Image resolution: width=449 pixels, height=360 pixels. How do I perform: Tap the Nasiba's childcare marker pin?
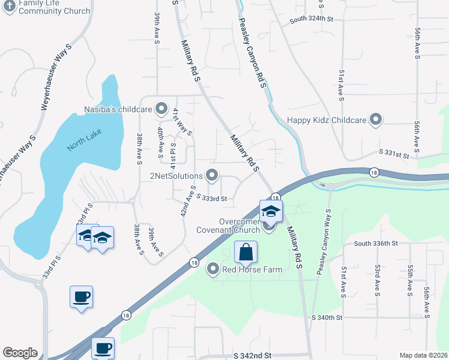coord(161,109)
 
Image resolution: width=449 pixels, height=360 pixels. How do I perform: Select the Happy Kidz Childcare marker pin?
coord(376,120)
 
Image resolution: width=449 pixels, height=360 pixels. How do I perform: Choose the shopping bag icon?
coord(246,252)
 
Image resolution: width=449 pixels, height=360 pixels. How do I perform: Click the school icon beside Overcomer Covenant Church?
coord(271,211)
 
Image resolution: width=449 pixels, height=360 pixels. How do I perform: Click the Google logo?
coord(20,353)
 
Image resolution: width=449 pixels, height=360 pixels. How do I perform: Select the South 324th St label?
coord(311,20)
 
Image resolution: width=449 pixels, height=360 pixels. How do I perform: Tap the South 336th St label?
coord(376,243)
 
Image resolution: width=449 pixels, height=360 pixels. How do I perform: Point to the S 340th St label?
coord(327,317)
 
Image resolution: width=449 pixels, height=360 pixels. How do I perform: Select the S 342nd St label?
coord(252,356)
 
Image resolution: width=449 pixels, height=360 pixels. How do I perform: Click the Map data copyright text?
coord(424,355)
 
